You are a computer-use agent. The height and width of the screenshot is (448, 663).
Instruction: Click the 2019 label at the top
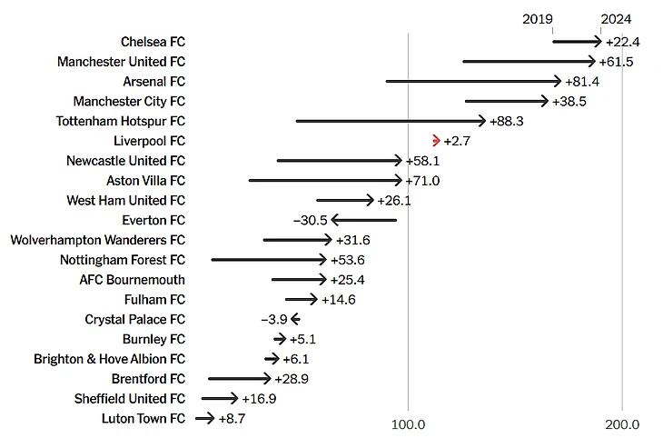pyautogui.click(x=538, y=19)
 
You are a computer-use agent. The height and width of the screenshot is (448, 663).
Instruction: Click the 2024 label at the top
pyautogui.click(x=616, y=19)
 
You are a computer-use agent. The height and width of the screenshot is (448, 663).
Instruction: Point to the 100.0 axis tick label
pyautogui.click(x=409, y=424)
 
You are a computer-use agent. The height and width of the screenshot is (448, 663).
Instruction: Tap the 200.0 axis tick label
pyautogui.click(x=622, y=424)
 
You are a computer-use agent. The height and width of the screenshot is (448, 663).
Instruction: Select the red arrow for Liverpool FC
pyautogui.click(x=437, y=141)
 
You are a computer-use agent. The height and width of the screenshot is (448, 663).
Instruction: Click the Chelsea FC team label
pyautogui.click(x=153, y=42)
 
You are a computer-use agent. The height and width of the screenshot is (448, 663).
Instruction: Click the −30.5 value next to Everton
pyautogui.click(x=310, y=220)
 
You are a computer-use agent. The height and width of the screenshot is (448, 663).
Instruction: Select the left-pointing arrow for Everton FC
pyautogui.click(x=363, y=220)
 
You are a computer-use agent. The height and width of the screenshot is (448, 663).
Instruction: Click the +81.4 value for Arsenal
pyautogui.click(x=582, y=82)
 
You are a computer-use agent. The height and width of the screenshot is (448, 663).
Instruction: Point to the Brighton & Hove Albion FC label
pyautogui.click(x=109, y=359)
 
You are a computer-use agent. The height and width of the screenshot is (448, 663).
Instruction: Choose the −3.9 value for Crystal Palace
pyautogui.click(x=273, y=320)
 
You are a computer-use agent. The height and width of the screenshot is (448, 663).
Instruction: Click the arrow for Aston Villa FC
pyautogui.click(x=325, y=181)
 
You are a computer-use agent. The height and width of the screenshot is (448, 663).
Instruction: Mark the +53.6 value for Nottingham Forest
pyautogui.click(x=346, y=260)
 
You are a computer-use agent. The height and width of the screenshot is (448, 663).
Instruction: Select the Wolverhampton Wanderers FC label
pyautogui.click(x=97, y=240)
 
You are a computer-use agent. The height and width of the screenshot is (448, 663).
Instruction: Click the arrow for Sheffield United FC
pyautogui.click(x=219, y=399)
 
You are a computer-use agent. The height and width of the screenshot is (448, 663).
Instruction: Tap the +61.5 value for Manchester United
pyautogui.click(x=616, y=62)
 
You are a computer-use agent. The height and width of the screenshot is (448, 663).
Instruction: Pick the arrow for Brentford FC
pyautogui.click(x=239, y=379)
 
